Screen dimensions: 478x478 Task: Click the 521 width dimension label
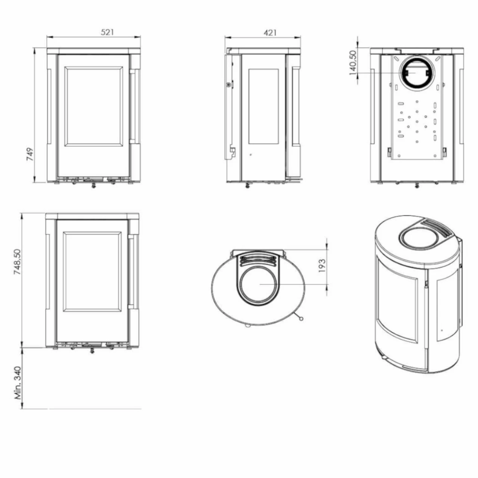[x=107, y=32]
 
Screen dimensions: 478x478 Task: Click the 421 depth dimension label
[x=270, y=32]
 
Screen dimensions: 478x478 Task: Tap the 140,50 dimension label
[x=353, y=62]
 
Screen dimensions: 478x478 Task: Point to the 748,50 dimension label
[x=18, y=262]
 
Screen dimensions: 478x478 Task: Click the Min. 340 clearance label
[x=18, y=382]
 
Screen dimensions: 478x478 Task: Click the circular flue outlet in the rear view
[x=416, y=73]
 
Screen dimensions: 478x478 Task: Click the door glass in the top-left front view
[x=94, y=106]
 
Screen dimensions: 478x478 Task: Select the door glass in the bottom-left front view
[x=92, y=271]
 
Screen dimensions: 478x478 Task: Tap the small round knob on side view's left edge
[x=228, y=85]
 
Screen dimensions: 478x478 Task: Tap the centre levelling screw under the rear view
[x=417, y=185]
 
